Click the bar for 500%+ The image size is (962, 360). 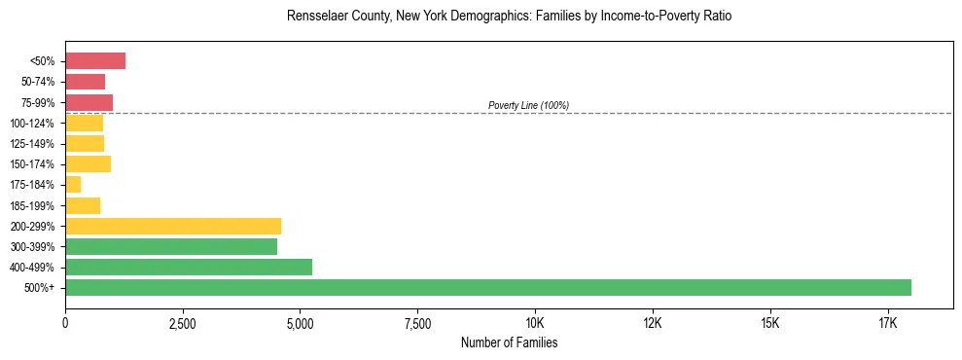point(487,287)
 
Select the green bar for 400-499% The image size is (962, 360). point(189,267)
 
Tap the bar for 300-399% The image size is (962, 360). point(171,246)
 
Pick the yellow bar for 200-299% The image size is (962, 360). point(173,226)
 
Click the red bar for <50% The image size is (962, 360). point(95,61)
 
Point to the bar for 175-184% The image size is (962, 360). point(73,184)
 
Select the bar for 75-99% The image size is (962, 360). point(89,102)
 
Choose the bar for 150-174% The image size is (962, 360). point(88,163)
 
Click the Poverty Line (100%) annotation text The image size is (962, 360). point(528,105)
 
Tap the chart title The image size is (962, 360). point(509,17)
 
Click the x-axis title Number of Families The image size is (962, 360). point(509,342)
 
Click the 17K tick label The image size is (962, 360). point(887,322)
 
